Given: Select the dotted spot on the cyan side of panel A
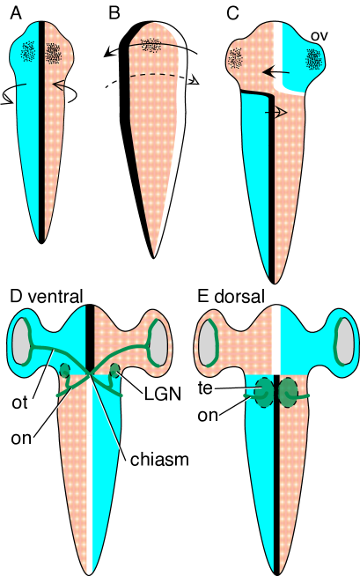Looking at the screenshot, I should pyautogui.click(x=30, y=53).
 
